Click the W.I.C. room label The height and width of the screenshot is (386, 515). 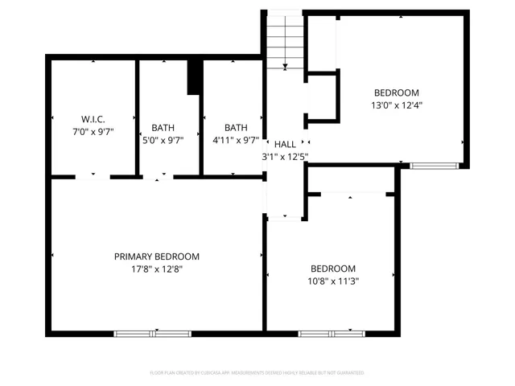(93, 118)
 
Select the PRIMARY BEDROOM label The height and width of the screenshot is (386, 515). (156, 257)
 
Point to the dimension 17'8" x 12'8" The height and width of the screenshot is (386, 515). (156, 269)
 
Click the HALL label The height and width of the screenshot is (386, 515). (285, 144)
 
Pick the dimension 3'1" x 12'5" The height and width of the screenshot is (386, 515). (285, 157)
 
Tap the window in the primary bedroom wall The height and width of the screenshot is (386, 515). (151, 332)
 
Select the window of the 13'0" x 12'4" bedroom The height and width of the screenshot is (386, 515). (434, 166)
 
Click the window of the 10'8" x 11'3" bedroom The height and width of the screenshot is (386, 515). (330, 332)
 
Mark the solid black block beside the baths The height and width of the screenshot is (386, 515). (194, 76)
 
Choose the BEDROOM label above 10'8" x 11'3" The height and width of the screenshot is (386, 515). (333, 269)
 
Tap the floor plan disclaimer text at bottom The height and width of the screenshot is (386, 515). (257, 373)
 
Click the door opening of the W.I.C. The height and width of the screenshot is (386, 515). (93, 176)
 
